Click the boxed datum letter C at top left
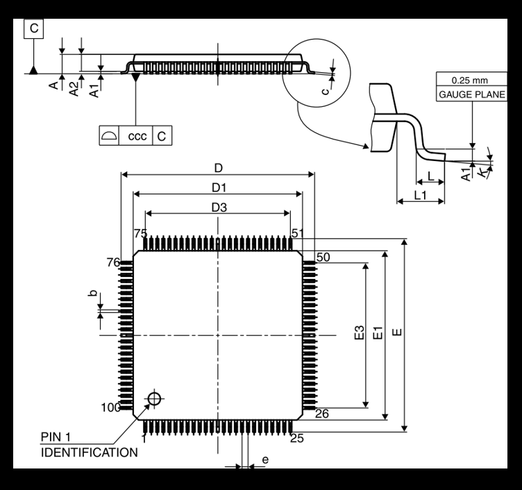click(x=34, y=28)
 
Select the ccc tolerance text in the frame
click(x=137, y=136)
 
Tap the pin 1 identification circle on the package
click(x=154, y=398)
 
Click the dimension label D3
click(x=219, y=208)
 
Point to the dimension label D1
click(x=219, y=187)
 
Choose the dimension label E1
click(x=378, y=333)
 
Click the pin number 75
click(x=140, y=233)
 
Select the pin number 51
click(x=298, y=233)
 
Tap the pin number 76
click(x=114, y=262)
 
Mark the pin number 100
click(x=111, y=407)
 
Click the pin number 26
click(x=322, y=414)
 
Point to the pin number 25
click(x=296, y=438)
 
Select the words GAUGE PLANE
click(x=471, y=94)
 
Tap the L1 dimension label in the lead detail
click(x=420, y=196)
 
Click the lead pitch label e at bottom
click(x=264, y=459)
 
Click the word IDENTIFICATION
click(x=88, y=452)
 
